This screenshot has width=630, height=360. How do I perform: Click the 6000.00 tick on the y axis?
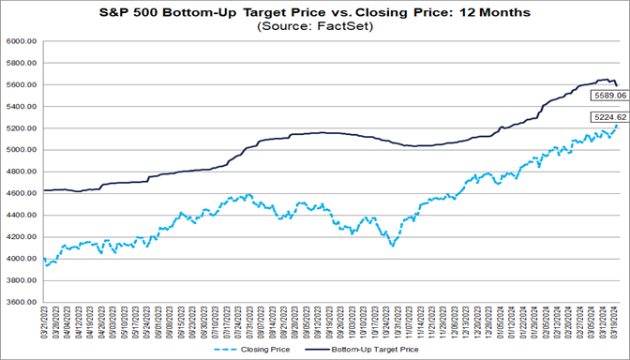21,42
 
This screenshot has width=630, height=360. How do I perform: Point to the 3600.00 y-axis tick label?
21,303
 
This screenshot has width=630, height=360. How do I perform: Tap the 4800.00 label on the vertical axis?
21,172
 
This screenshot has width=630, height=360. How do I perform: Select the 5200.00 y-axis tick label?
21,129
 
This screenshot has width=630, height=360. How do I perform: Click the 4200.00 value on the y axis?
21,237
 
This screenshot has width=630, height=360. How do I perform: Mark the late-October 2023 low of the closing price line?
391,245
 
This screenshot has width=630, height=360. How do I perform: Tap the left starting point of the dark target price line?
43,190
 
